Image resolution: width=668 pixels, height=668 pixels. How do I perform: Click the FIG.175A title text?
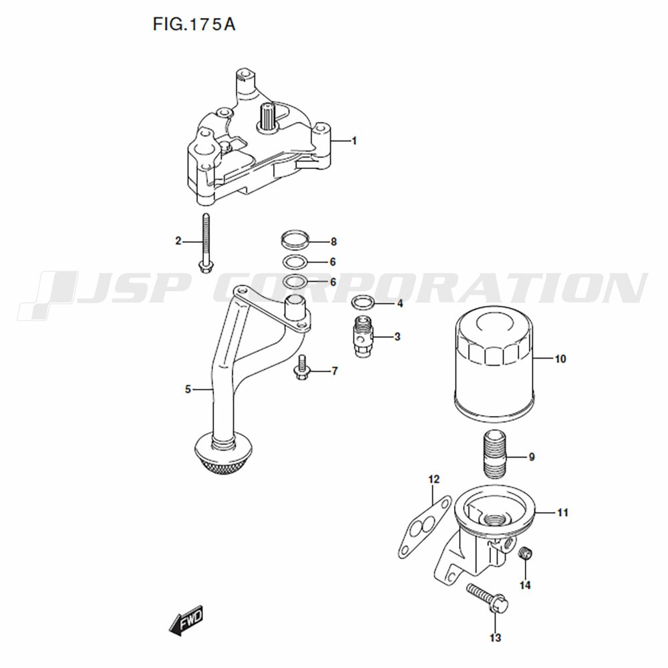click(x=194, y=25)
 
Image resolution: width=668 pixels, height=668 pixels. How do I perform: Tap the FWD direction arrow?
click(x=186, y=621)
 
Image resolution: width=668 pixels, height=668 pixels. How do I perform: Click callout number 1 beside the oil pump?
click(x=354, y=141)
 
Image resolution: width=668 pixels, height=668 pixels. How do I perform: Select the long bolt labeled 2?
click(x=206, y=243)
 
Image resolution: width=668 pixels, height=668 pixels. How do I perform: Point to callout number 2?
click(x=178, y=241)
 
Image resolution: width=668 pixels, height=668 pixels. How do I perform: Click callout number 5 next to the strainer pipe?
click(x=188, y=389)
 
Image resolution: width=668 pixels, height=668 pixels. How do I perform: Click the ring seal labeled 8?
click(x=295, y=238)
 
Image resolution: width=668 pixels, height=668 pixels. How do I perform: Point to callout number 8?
click(x=333, y=242)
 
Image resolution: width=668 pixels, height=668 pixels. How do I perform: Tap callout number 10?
click(x=560, y=359)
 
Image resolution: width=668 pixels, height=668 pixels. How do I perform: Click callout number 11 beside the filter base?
click(x=562, y=512)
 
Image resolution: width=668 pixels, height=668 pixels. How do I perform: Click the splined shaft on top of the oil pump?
click(x=269, y=117)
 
